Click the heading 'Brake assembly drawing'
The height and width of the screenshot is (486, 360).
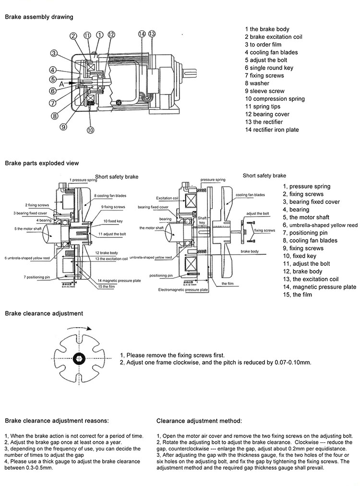(39, 17)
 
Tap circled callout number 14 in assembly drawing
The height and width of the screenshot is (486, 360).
(142, 34)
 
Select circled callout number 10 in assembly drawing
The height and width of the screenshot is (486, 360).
(91, 130)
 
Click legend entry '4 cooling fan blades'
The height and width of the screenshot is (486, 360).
(271, 52)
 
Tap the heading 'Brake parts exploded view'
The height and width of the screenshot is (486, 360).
(42, 163)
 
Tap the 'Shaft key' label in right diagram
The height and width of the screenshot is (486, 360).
(203, 220)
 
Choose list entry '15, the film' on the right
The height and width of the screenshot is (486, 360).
(297, 295)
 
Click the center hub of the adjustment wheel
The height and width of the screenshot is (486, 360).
(78, 357)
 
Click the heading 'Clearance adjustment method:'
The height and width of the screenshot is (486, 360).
(199, 421)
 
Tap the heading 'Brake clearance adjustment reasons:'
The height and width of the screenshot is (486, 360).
(57, 421)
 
